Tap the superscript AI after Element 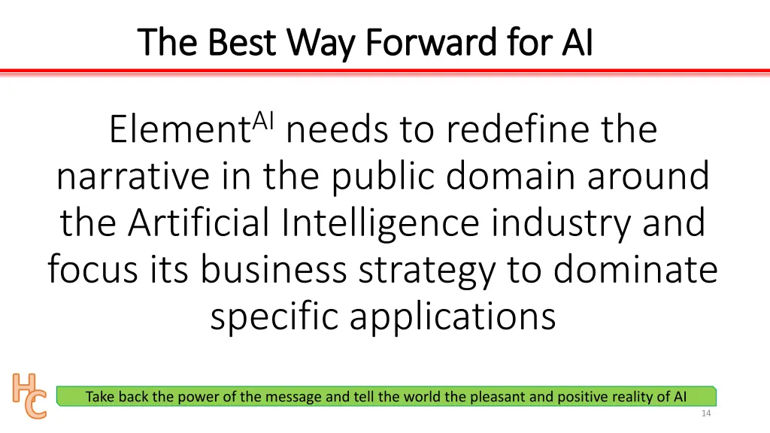(x=264, y=120)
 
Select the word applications (x=453, y=316)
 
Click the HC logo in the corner (x=29, y=395)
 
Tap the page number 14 (x=705, y=414)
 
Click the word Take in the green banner (x=100, y=397)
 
